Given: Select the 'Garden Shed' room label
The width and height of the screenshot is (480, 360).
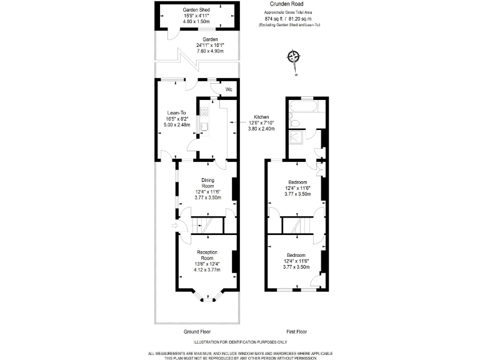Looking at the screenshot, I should [196, 11].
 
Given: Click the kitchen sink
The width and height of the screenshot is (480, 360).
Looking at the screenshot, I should [204, 127].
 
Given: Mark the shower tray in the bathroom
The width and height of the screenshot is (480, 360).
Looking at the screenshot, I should [298, 136].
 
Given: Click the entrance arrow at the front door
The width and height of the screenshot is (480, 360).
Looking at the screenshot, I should [175, 226].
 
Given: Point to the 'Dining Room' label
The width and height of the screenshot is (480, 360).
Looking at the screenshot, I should [207, 183].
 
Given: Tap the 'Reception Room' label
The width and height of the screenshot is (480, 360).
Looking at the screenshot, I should [207, 254].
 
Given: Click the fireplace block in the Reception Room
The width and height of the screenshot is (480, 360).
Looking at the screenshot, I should [234, 261].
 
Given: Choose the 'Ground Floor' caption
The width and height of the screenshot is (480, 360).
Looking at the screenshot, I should [196, 331].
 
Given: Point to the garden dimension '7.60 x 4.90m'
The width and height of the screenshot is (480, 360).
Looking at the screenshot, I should [197, 50].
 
